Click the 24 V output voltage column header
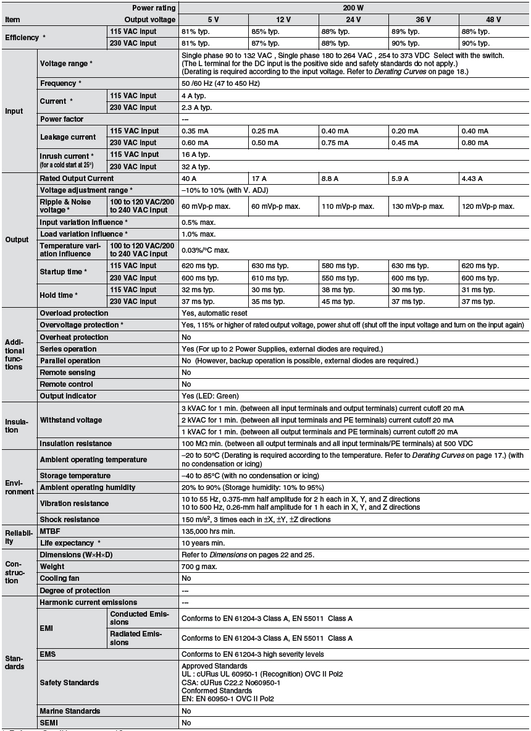tap(353, 19)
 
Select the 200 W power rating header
tap(353, 7)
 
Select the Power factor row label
tap(62, 119)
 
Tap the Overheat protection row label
tap(74, 337)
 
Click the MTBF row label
tap(50, 531)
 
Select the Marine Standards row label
tap(70, 711)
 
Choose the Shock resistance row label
tap(69, 520)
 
